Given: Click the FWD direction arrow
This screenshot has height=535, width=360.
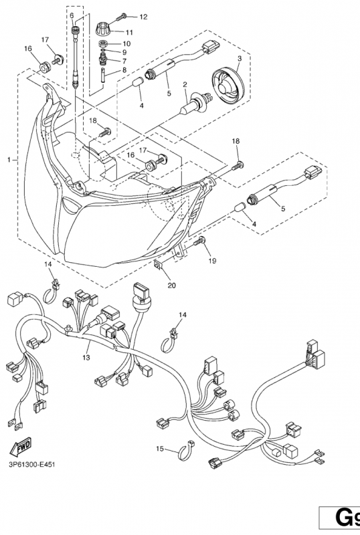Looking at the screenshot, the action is pyautogui.click(x=21, y=447).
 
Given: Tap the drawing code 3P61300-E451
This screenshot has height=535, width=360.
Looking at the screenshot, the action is pyautogui.click(x=31, y=464).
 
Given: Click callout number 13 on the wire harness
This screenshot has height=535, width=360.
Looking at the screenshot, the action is pyautogui.click(x=86, y=358).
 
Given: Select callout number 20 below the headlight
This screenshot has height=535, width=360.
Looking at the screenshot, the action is pyautogui.click(x=171, y=286).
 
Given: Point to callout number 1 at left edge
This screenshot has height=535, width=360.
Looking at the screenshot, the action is pyautogui.click(x=9, y=160).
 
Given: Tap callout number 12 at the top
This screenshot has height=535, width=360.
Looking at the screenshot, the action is pyautogui.click(x=143, y=17).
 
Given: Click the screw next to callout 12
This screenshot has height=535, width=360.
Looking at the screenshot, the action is pyautogui.click(x=122, y=17).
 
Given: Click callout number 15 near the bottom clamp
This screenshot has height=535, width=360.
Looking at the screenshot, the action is pyautogui.click(x=160, y=449).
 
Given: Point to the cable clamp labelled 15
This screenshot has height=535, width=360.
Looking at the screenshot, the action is pyautogui.click(x=186, y=450).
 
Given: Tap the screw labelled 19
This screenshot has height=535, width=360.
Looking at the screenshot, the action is pyautogui.click(x=199, y=241).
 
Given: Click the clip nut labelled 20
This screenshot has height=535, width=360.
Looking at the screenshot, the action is pyautogui.click(x=159, y=265).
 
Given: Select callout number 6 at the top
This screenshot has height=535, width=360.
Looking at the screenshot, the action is pyautogui.click(x=72, y=15).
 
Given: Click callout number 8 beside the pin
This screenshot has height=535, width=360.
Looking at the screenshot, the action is pyautogui.click(x=124, y=70).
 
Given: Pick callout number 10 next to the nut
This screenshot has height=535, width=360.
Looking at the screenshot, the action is pyautogui.click(x=126, y=43).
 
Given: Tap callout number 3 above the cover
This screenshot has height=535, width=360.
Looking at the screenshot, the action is pyautogui.click(x=240, y=58).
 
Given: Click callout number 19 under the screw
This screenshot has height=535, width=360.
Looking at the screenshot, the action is pyautogui.click(x=212, y=261).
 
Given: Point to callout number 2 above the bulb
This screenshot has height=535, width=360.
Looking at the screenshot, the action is pyautogui.click(x=185, y=84).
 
